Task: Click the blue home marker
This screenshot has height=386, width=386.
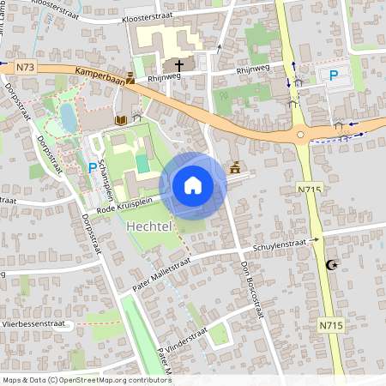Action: pyautogui.click(x=193, y=185)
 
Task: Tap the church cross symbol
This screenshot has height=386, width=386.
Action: pyautogui.click(x=180, y=64)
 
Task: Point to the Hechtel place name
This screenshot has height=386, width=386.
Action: pyautogui.click(x=150, y=227)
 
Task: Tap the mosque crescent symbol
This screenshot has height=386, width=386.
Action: pyautogui.click(x=333, y=265)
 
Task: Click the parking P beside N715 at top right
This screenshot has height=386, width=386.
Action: pyautogui.click(x=333, y=75)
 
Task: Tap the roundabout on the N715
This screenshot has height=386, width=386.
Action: pyautogui.click(x=301, y=134)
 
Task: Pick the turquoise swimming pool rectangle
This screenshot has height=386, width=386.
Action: pyautogui.click(x=142, y=162)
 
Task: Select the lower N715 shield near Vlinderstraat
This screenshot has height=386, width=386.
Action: pyautogui.click(x=331, y=325)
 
